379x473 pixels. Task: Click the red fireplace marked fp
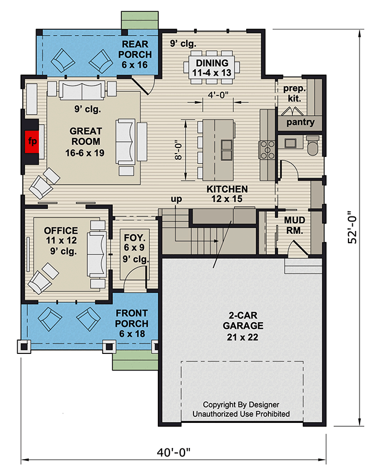32,141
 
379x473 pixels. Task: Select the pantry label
300,122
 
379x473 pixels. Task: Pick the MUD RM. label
294,226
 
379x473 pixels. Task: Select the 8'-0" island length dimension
177,150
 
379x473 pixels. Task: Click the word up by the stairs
176,199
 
